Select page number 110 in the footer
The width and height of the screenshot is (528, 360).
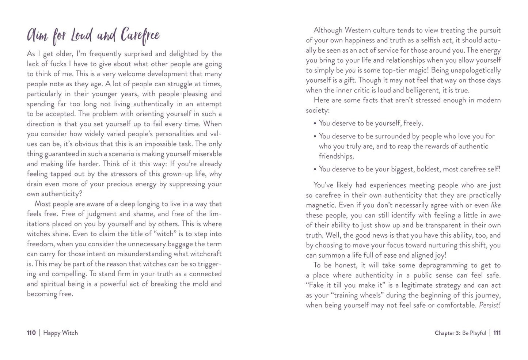pyautogui.click(x=31, y=333)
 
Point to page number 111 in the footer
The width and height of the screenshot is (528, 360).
pyautogui.click(x=497, y=333)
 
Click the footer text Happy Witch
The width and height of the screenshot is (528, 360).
pyautogui.click(x=60, y=333)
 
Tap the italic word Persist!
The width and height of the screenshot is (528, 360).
pyautogui.click(x=490, y=305)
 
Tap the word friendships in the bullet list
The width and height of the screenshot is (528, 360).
pyautogui.click(x=336, y=156)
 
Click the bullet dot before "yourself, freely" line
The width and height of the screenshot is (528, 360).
pyautogui.click(x=315, y=124)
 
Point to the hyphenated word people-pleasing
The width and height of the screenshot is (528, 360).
pyautogui.click(x=174, y=94)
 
